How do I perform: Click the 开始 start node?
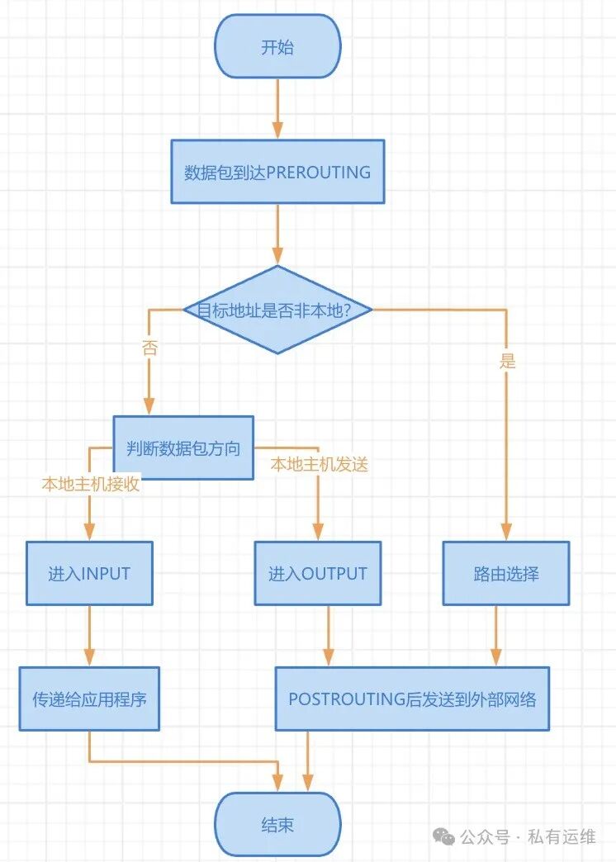click(277, 47)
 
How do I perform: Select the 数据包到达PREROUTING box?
click(277, 172)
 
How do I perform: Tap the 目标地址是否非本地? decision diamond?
click(277, 310)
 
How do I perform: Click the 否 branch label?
click(149, 348)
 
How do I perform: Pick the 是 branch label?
click(507, 361)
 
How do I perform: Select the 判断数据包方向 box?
click(183, 448)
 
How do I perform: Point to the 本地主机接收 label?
click(91, 484)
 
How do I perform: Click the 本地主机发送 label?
click(319, 465)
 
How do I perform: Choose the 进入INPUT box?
click(89, 573)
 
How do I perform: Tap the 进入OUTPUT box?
click(318, 573)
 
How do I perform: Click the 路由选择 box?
click(506, 573)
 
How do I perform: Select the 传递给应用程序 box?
click(89, 699)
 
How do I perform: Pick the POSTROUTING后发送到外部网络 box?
click(412, 699)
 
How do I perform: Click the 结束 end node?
click(277, 824)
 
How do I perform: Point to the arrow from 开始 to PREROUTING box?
click(277, 108)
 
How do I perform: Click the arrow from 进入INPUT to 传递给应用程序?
click(89, 636)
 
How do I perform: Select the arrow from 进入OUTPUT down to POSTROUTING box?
click(329, 636)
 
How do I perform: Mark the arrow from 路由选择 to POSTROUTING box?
click(495, 636)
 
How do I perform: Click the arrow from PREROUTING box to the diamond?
click(277, 234)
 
